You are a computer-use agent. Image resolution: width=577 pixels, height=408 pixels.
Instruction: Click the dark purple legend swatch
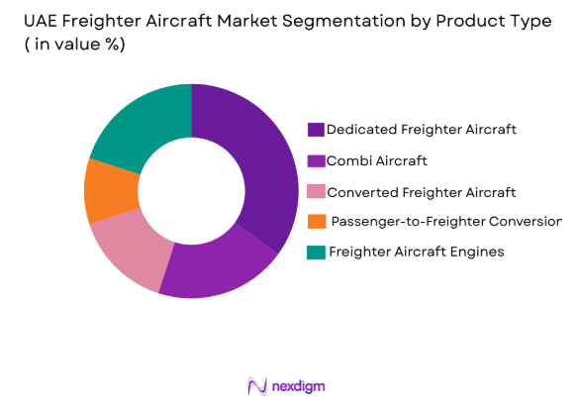click(316, 130)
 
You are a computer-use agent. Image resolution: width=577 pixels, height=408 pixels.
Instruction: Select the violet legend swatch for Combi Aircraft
click(316, 159)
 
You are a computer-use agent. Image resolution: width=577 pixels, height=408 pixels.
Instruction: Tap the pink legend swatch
click(316, 190)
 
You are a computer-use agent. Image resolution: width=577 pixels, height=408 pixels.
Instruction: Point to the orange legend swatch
click(316, 221)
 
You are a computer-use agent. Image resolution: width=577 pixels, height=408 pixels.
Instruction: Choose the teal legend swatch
click(316, 252)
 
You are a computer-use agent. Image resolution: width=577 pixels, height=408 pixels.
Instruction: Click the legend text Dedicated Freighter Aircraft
click(422, 130)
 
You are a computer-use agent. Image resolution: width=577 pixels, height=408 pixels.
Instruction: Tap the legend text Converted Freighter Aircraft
click(422, 190)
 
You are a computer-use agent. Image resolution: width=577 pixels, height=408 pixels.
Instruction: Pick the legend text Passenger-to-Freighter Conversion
click(446, 221)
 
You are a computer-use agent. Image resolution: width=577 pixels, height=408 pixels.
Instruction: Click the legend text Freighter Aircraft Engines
click(416, 252)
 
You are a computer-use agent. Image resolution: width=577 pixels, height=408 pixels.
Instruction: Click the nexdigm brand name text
click(299, 385)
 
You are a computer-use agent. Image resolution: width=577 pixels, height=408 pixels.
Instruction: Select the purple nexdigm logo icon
click(257, 385)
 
